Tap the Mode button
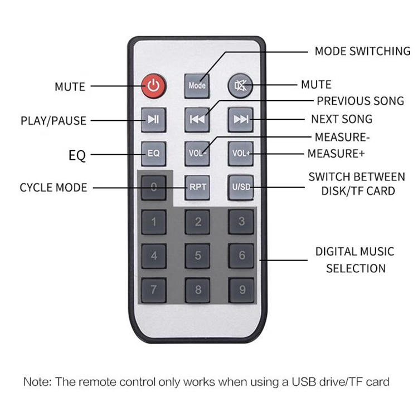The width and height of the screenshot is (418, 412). [x=197, y=86]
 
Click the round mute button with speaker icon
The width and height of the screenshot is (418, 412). [x=240, y=86]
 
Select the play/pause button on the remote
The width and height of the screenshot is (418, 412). [x=154, y=120]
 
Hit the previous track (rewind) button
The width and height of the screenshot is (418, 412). [x=197, y=120]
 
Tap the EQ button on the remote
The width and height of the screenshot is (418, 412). [x=154, y=154]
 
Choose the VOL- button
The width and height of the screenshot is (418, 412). [x=197, y=154]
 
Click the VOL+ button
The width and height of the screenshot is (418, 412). [x=240, y=154]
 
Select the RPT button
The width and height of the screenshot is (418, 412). [x=197, y=188]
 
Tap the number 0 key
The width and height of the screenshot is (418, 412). [x=154, y=188]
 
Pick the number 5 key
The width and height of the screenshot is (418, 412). [x=197, y=256]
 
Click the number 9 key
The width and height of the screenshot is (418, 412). [x=241, y=290]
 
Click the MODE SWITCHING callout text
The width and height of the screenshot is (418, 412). [x=363, y=51]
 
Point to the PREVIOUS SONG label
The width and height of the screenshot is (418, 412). [x=361, y=101]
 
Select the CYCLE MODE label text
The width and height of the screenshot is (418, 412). [x=54, y=188]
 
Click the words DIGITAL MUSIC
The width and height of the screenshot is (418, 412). [x=355, y=252]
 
